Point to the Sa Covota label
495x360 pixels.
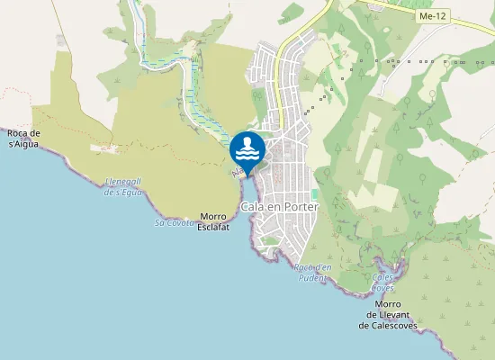click(x=175, y=222)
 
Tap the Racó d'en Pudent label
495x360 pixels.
click(x=313, y=272)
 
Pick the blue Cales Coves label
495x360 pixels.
click(x=383, y=283)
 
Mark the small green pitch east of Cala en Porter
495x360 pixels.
click(x=315, y=194)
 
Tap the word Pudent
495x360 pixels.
click(x=313, y=278)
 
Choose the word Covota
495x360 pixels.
click(x=180, y=222)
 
